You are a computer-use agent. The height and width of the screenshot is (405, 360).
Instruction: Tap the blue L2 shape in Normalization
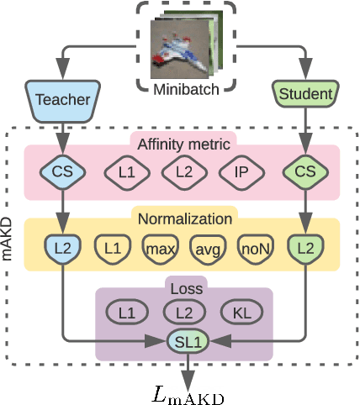point(62,247)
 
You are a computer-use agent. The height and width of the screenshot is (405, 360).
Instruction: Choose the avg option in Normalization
point(207,247)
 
